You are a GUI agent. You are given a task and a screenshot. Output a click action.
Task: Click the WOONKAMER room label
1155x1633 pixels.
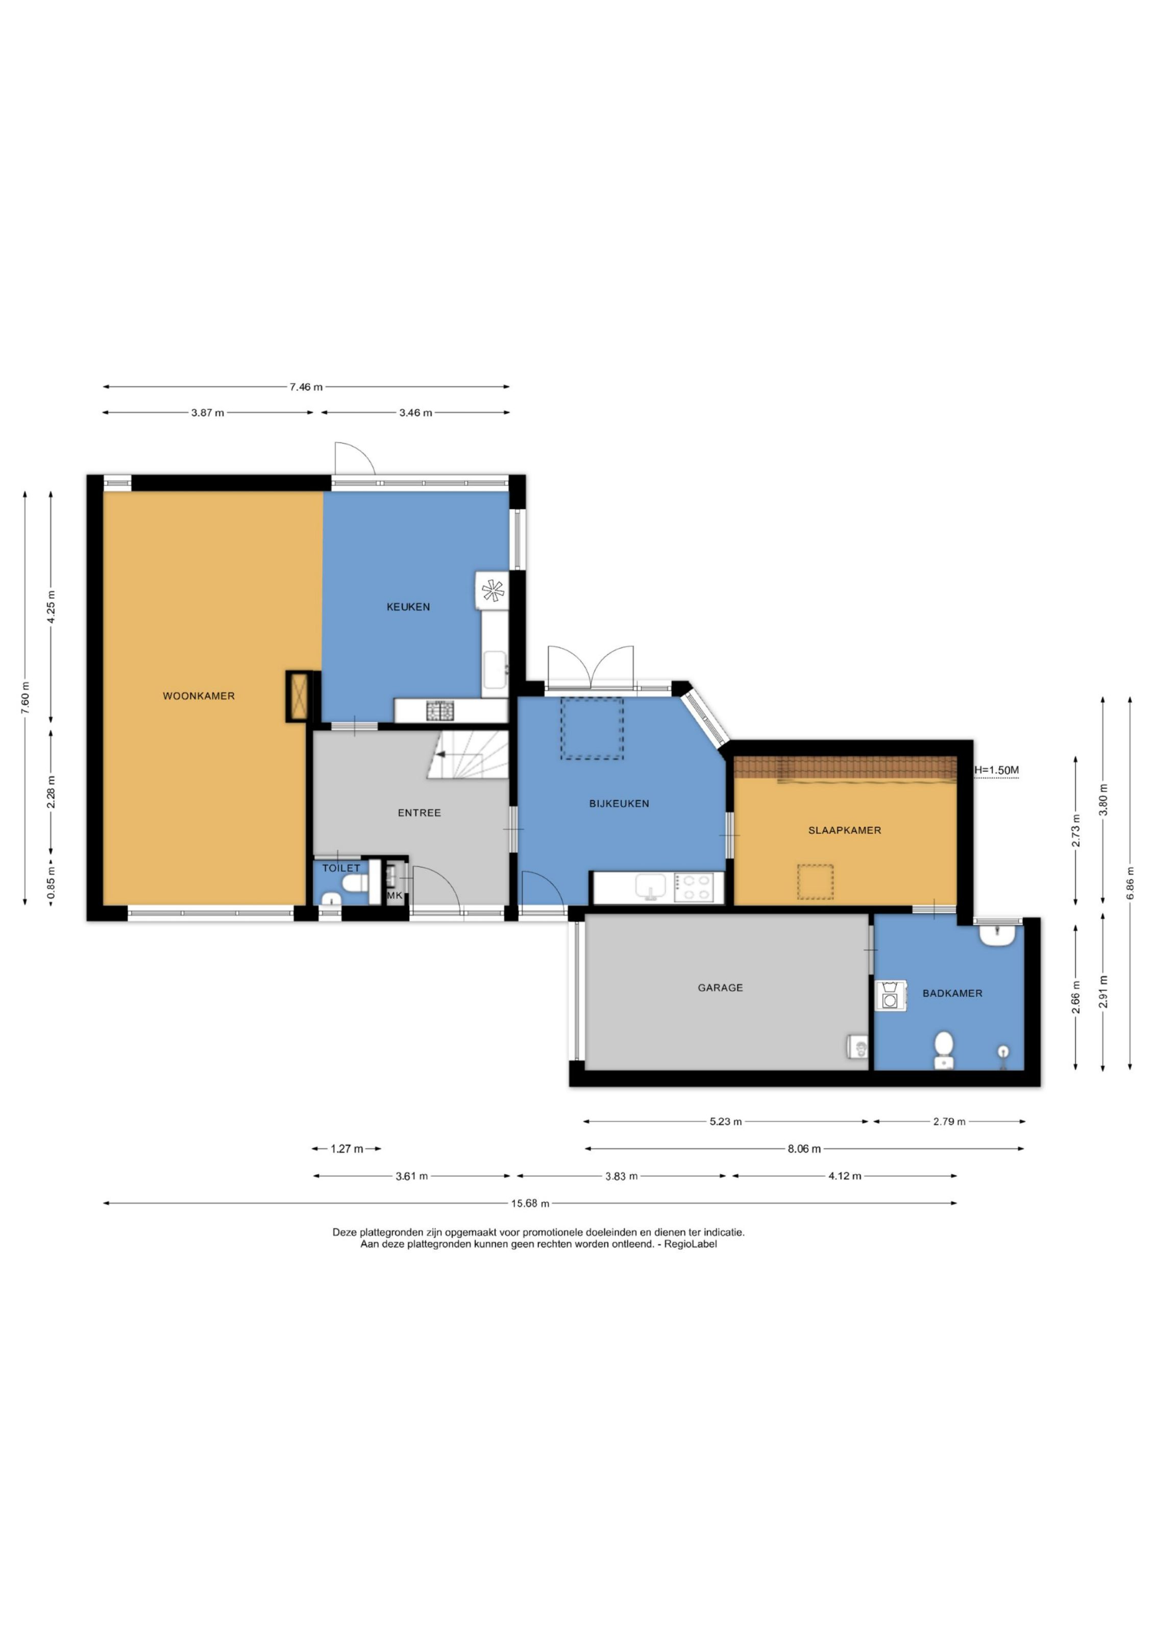(199, 696)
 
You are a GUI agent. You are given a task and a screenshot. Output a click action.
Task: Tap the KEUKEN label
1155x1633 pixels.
(408, 607)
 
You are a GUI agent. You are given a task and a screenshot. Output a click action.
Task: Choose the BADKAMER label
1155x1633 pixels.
(952, 994)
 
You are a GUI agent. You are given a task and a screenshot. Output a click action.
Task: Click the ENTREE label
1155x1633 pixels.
(419, 813)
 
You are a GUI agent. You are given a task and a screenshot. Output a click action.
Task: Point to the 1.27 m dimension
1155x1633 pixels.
(347, 1149)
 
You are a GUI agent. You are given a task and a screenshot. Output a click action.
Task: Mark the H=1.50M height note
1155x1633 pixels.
(996, 770)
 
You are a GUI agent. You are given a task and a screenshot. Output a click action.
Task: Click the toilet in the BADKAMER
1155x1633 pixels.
(944, 1051)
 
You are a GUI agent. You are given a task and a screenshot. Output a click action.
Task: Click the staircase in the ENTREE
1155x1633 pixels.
(468, 754)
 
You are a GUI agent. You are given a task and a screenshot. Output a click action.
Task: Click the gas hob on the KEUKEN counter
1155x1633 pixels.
(439, 710)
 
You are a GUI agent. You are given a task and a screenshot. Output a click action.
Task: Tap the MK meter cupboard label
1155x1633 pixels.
(395, 896)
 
